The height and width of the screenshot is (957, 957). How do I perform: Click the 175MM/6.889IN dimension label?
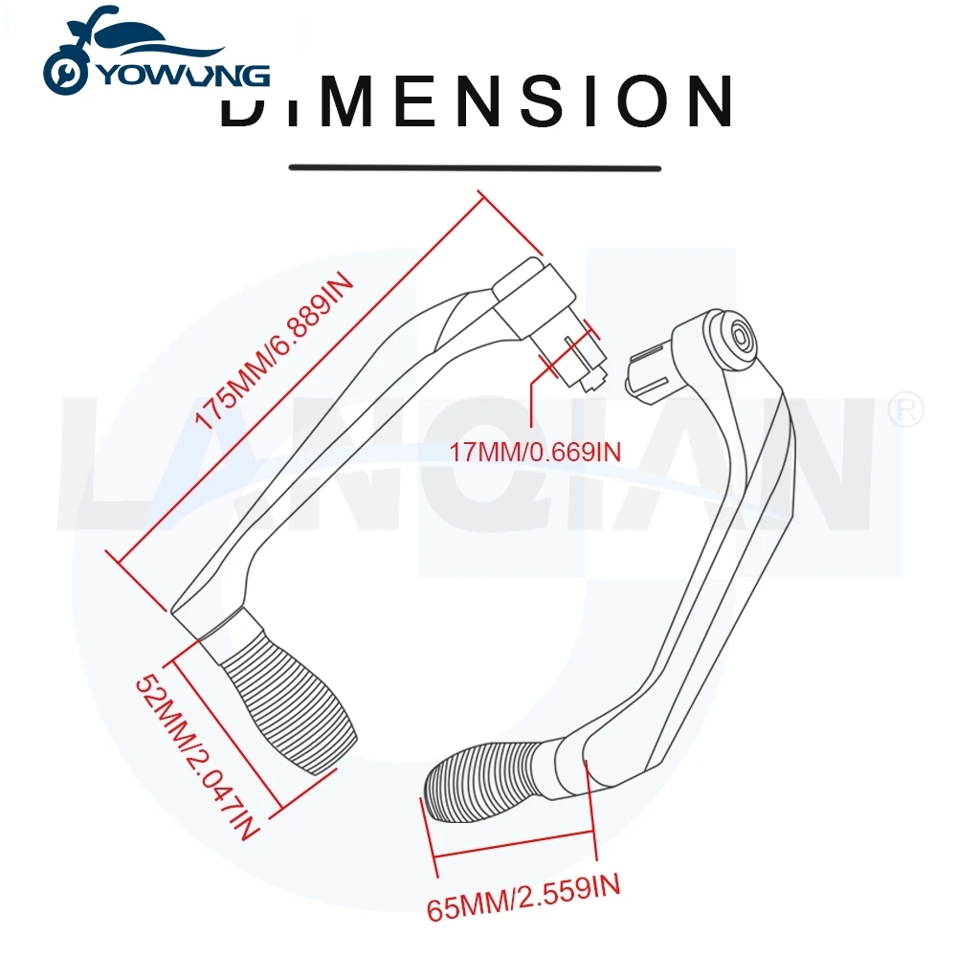click(277, 354)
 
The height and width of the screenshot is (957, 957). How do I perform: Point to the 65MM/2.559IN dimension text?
click(523, 900)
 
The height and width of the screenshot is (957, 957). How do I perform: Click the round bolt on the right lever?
click(740, 337)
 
